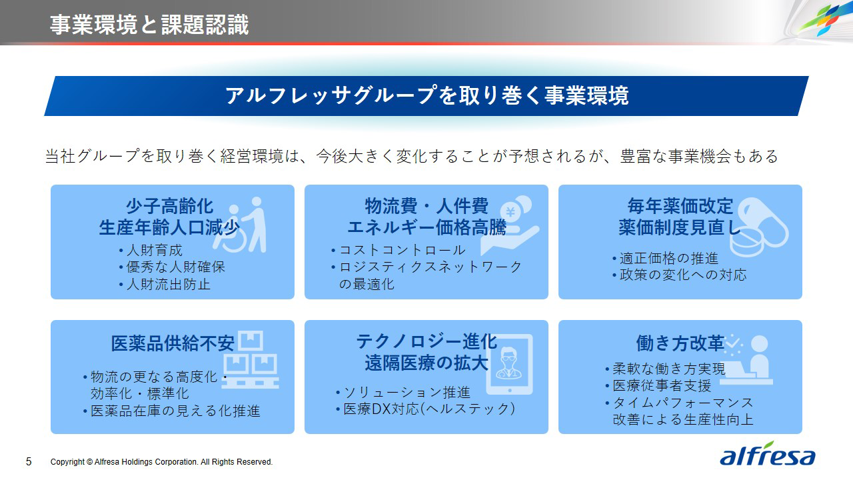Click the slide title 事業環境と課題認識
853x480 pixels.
149,25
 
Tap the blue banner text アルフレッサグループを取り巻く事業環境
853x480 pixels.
426,95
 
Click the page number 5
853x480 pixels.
29,462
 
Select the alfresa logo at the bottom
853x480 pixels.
767,454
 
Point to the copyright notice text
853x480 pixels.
161,462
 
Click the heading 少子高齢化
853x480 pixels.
170,207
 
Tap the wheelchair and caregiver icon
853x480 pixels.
240,225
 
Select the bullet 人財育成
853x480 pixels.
151,250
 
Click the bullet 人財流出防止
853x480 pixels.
165,284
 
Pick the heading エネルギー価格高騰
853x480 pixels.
427,227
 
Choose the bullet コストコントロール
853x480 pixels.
399,250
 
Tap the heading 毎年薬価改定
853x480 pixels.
680,206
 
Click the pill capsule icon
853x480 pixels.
759,227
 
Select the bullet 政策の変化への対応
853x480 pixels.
679,275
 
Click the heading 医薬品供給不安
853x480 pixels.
173,343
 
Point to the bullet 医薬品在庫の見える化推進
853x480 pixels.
172,411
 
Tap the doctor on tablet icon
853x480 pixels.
510,365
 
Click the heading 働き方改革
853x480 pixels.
680,343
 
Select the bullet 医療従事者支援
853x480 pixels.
658,385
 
